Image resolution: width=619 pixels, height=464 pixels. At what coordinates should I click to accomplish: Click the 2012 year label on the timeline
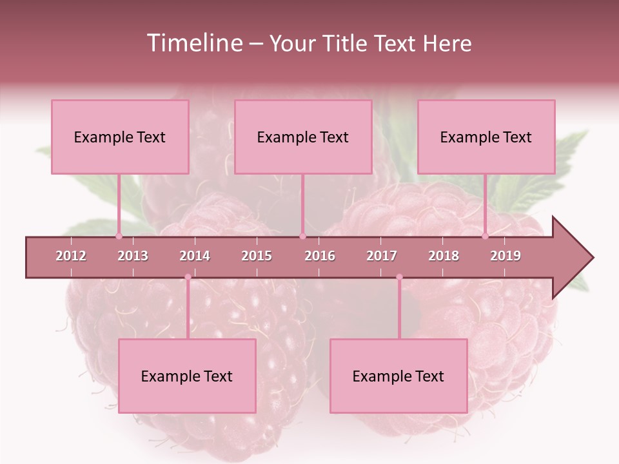coord(71,256)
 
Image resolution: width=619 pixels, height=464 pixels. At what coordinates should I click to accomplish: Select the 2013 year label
coord(133,256)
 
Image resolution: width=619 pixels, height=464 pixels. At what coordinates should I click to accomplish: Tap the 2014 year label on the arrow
coord(195,256)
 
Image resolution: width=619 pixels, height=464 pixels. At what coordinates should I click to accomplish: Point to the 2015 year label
coord(257,256)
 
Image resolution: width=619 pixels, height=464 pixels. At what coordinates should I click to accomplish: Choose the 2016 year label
coord(320,256)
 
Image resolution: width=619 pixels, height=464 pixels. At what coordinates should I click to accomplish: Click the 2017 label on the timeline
coord(382,256)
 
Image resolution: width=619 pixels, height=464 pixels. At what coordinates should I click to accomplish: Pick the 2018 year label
coord(444,256)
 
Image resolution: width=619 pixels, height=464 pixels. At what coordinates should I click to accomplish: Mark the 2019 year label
coord(506,256)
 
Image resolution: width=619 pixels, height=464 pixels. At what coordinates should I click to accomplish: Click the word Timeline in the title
coord(193,43)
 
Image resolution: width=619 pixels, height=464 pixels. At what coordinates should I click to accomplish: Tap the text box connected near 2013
coord(120,137)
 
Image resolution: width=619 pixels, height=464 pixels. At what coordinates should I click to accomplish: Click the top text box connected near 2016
coord(302,137)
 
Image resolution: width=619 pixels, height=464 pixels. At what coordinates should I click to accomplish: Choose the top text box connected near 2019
coord(486,137)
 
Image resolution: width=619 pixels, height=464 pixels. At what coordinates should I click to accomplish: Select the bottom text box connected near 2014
coord(187,376)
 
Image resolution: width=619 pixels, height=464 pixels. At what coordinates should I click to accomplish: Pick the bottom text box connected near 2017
coord(398,376)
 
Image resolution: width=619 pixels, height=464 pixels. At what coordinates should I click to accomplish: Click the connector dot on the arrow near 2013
coord(119,236)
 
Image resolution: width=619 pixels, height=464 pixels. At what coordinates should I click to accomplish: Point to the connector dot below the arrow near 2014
coord(188,277)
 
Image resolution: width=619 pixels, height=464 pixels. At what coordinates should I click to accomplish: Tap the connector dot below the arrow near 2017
coord(399,277)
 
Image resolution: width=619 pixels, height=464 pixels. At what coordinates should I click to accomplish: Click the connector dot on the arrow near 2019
coord(486,236)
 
